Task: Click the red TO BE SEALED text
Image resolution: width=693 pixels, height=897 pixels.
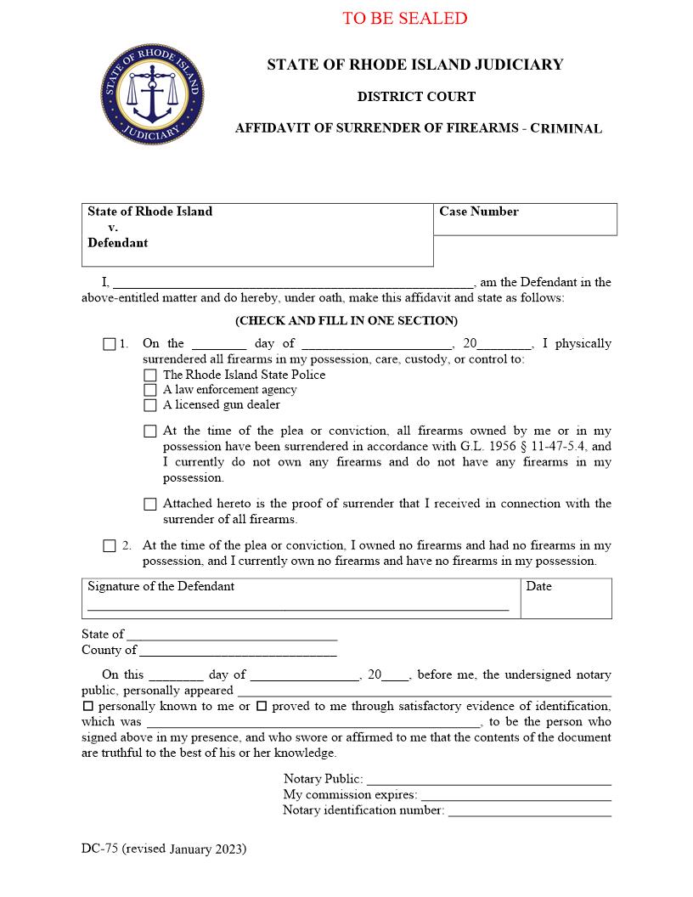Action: pos(404,18)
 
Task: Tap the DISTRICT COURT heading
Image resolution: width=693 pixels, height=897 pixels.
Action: pos(416,97)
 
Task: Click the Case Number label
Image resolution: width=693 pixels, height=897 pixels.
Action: pos(479,212)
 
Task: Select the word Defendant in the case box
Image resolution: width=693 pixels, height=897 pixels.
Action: pos(117,243)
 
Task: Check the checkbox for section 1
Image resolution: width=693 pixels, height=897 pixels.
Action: pos(109,344)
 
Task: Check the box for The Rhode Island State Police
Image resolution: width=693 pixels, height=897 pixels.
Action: pos(150,375)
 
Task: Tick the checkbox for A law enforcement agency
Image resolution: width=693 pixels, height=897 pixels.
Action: pos(150,390)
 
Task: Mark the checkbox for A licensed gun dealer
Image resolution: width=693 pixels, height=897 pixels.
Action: pos(150,405)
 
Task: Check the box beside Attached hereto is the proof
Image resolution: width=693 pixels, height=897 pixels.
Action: pos(150,505)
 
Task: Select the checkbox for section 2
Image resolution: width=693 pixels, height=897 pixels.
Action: pos(109,546)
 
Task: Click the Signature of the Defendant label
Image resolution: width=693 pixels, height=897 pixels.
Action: pos(161,586)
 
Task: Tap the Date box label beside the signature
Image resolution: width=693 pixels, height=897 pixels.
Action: pos(538,586)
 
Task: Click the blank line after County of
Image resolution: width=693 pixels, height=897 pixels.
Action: pos(238,652)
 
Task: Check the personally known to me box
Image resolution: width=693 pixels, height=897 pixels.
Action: pos(87,706)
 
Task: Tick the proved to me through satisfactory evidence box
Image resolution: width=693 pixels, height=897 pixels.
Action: pos(262,706)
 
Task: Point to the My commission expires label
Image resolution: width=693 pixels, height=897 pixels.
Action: pos(350,795)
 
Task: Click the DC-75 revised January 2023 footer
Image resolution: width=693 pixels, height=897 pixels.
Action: pos(164,849)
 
